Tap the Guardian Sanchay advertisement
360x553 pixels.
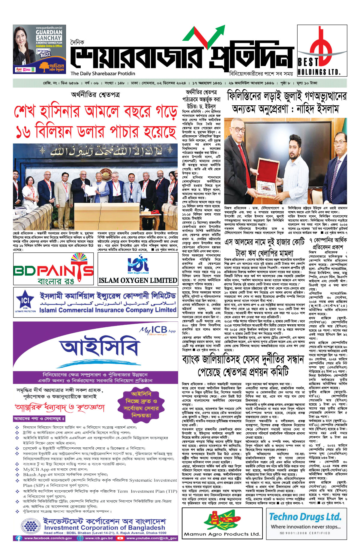coord(39,49)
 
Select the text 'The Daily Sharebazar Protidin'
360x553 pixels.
coord(103,74)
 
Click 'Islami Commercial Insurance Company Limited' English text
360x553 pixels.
coord(108,310)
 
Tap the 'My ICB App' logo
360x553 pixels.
coord(157,330)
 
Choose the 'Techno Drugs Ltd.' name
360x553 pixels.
coord(305,517)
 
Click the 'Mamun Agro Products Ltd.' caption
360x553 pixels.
coord(222,534)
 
